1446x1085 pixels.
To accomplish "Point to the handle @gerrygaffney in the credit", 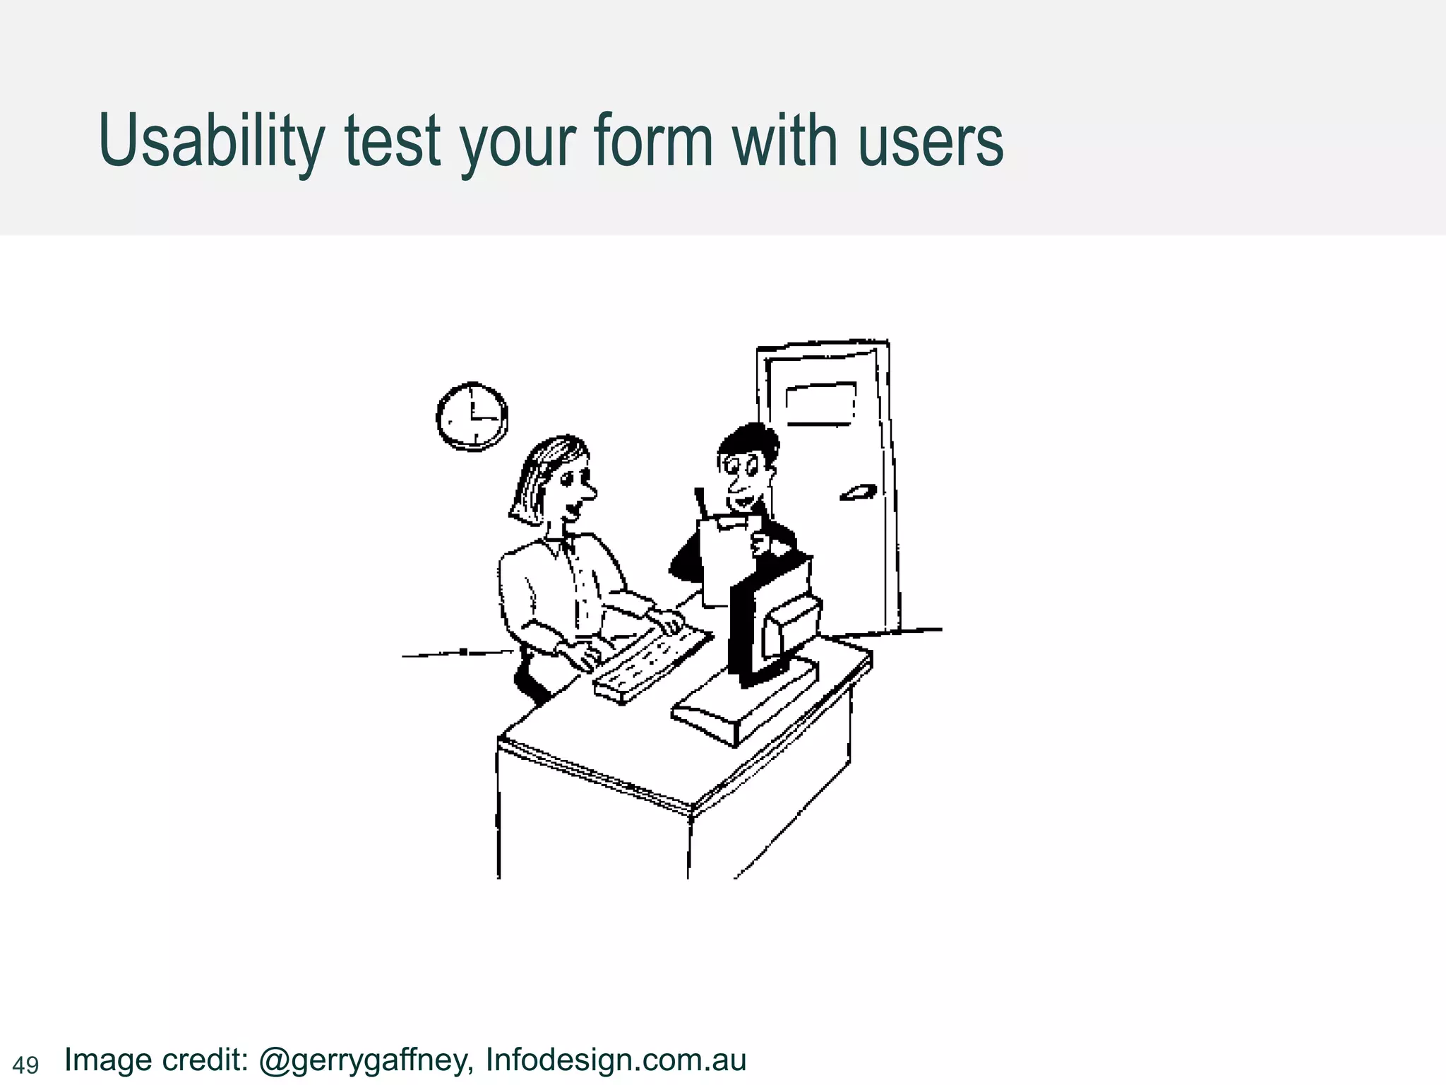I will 364,1060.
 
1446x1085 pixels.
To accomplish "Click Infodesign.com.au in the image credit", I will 616,1060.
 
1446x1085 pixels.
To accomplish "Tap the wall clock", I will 472,416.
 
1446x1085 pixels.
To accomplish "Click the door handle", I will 858,492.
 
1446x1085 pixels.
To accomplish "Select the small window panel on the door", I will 820,403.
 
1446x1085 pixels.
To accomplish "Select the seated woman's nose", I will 588,490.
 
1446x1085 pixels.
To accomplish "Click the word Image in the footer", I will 108,1060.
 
